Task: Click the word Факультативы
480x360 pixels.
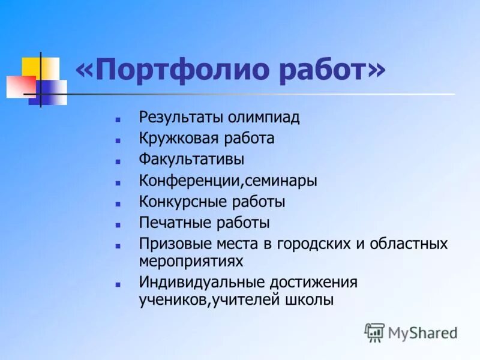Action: (x=191, y=160)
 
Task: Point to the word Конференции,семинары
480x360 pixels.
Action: (x=228, y=181)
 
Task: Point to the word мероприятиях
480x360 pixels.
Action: (x=191, y=261)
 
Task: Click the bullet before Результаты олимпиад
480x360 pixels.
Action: (x=119, y=118)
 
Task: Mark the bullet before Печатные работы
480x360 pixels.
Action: (x=119, y=224)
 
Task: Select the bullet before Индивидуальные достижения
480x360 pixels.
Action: (x=119, y=283)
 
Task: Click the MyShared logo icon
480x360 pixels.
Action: (x=374, y=332)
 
